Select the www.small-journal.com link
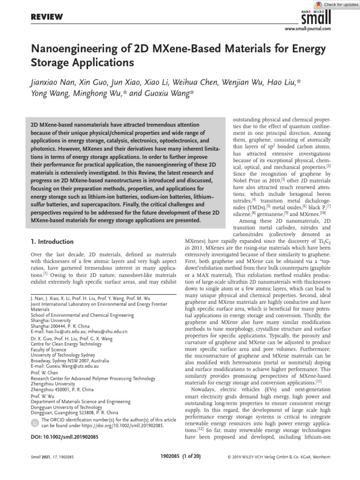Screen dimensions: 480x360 click(308, 29)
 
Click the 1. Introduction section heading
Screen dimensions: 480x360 click(52, 241)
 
